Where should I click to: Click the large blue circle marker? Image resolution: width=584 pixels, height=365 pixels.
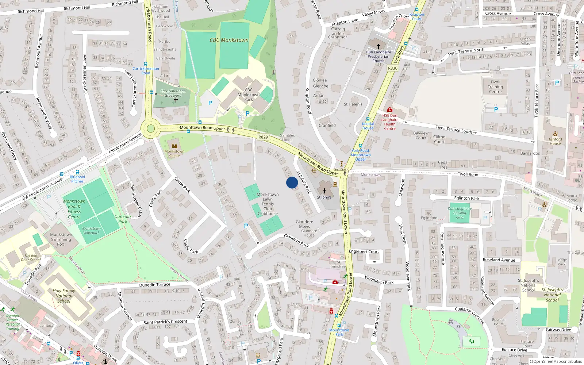point(292,182)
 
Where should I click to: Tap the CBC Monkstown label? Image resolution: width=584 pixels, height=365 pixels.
point(229,40)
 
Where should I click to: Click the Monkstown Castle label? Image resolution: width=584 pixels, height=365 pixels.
point(174,153)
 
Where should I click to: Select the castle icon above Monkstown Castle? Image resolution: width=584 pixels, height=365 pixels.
point(174,146)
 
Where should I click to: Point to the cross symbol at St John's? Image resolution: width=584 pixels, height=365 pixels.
point(324,191)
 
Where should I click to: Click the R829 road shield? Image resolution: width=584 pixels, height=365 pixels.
point(263,137)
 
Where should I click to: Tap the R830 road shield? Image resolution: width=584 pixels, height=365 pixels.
point(393,68)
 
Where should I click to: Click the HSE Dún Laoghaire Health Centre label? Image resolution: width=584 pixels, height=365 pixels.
point(389,122)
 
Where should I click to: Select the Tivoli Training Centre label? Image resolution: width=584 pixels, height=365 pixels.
point(495,87)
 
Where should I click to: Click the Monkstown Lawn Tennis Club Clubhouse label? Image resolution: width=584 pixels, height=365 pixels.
point(268,204)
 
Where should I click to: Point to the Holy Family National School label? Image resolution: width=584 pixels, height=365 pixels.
point(64,296)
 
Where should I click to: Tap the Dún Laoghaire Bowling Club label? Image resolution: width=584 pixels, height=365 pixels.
point(460,213)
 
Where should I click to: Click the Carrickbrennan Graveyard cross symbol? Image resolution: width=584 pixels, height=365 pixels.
point(176,100)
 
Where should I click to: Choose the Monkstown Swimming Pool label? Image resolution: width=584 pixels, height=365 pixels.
point(61,239)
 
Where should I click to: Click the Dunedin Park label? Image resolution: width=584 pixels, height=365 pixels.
point(123,219)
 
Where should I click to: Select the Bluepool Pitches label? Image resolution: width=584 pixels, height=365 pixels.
point(77,179)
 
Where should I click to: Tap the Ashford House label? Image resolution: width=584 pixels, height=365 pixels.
point(555,141)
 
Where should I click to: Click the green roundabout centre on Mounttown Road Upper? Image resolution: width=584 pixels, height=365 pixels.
point(150,128)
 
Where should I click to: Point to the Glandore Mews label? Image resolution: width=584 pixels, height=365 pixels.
point(304,224)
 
